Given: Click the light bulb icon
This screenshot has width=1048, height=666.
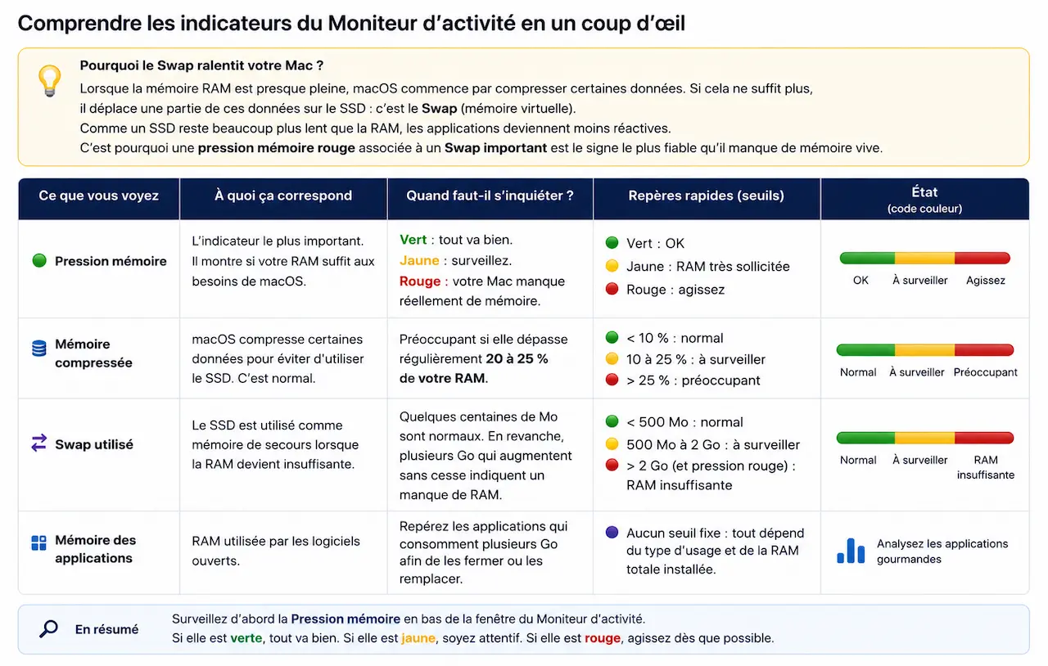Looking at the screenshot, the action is pos(49,81).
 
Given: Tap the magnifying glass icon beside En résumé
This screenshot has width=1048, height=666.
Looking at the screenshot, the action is pos(48,628).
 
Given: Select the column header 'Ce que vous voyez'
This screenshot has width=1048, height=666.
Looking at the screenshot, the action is pos(99,196).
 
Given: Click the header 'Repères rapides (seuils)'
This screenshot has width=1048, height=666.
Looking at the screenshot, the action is pos(706,196).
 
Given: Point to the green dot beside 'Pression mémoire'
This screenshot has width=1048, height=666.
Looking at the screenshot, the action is pos(39,260).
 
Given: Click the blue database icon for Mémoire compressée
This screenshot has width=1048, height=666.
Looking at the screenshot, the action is pos(38,349).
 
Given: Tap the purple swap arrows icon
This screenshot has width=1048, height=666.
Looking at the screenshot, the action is pos(38,443).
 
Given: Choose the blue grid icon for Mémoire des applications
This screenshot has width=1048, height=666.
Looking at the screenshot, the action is pos(38,543).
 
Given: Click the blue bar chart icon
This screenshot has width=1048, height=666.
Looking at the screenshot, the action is pos(851,551).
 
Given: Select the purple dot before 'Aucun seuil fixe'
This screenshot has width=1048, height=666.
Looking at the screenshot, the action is pos(612,533).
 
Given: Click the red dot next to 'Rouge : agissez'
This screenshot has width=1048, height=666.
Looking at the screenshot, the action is pos(612,289).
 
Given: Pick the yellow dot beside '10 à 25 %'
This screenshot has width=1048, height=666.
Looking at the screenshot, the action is pos(612,358).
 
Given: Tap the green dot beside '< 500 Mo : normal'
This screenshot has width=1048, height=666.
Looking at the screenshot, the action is pos(612,421).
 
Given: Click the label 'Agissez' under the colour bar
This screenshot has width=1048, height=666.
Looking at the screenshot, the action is pos(985,280).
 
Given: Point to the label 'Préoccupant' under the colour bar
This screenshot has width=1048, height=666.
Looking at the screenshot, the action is pos(985,372).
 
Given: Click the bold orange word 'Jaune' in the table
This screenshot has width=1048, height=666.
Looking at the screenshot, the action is pos(419,260).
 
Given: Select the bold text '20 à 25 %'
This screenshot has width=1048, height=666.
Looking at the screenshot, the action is pos(517,358).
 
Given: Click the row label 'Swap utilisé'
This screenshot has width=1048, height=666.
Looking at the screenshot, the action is pos(94,443).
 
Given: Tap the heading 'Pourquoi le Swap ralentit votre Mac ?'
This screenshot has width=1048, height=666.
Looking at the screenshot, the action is pos(201,65).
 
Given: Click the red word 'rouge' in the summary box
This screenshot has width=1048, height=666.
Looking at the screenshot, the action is pos(603,638).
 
